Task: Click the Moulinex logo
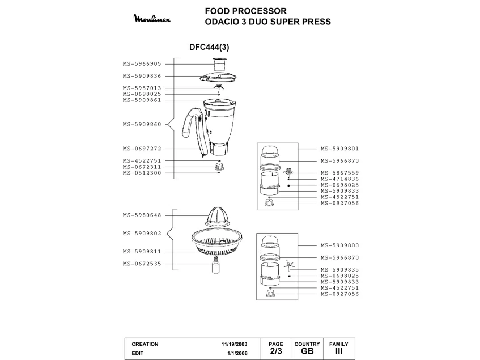click(x=155, y=19)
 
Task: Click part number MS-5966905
click(x=142, y=64)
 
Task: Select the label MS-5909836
click(x=142, y=76)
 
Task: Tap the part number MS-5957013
click(x=142, y=88)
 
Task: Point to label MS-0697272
click(x=142, y=149)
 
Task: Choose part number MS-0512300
click(x=142, y=173)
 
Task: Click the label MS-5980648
click(x=142, y=215)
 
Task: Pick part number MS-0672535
click(x=142, y=264)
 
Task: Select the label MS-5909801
click(x=339, y=149)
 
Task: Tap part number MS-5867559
click(x=339, y=173)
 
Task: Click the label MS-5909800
click(x=339, y=245)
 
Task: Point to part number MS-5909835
click(x=339, y=270)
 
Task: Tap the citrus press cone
click(x=216, y=218)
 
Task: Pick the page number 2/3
click(x=275, y=351)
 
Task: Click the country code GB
click(x=307, y=351)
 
